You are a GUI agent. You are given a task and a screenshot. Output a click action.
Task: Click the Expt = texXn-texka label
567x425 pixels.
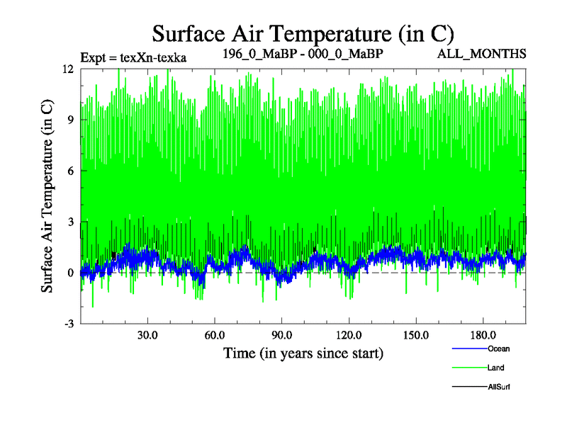(133, 57)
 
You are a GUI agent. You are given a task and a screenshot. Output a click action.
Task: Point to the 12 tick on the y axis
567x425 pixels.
(68, 69)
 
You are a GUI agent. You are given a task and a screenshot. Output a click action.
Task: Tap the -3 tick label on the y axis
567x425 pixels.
(69, 324)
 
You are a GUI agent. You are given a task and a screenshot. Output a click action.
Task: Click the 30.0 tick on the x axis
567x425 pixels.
(147, 334)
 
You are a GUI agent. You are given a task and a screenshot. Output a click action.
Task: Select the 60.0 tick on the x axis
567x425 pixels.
(215, 334)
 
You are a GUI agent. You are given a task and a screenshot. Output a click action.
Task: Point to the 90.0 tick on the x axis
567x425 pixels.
(281, 334)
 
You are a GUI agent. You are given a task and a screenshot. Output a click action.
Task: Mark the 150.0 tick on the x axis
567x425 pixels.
(415, 334)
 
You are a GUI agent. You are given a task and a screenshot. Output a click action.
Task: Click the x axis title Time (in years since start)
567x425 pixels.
(303, 352)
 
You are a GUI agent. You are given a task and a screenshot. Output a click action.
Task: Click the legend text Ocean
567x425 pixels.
(498, 348)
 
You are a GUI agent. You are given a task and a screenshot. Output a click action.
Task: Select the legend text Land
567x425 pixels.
(496, 368)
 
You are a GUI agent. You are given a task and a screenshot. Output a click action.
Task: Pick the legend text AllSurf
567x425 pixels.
(499, 387)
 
